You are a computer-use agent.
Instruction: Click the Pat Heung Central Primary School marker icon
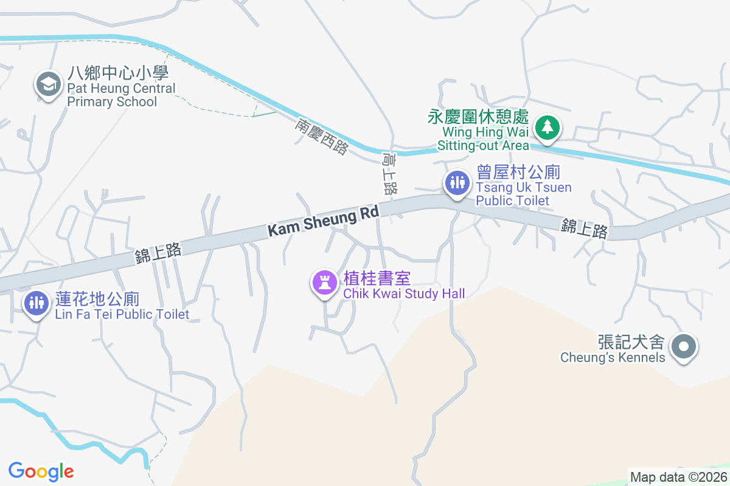point(49,84)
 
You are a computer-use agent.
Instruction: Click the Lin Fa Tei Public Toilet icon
point(36,302)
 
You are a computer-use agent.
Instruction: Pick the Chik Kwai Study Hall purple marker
point(324,282)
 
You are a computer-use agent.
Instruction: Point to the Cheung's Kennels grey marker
point(684,347)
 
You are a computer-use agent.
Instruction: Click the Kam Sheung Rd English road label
point(322,222)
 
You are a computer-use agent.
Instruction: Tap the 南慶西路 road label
point(322,136)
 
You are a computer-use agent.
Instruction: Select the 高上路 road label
point(390,174)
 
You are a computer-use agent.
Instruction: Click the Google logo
point(41,471)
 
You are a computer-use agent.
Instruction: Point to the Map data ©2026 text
point(678,477)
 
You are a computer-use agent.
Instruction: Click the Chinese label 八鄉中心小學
point(117,74)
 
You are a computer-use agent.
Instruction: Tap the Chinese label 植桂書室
point(377,279)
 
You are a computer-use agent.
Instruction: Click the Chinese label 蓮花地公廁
point(97,299)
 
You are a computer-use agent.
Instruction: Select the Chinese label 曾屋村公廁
point(518,172)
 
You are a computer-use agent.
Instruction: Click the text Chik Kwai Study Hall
point(404,294)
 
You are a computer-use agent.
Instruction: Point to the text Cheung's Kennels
point(613,357)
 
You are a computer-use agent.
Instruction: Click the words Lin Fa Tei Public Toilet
point(122,315)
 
